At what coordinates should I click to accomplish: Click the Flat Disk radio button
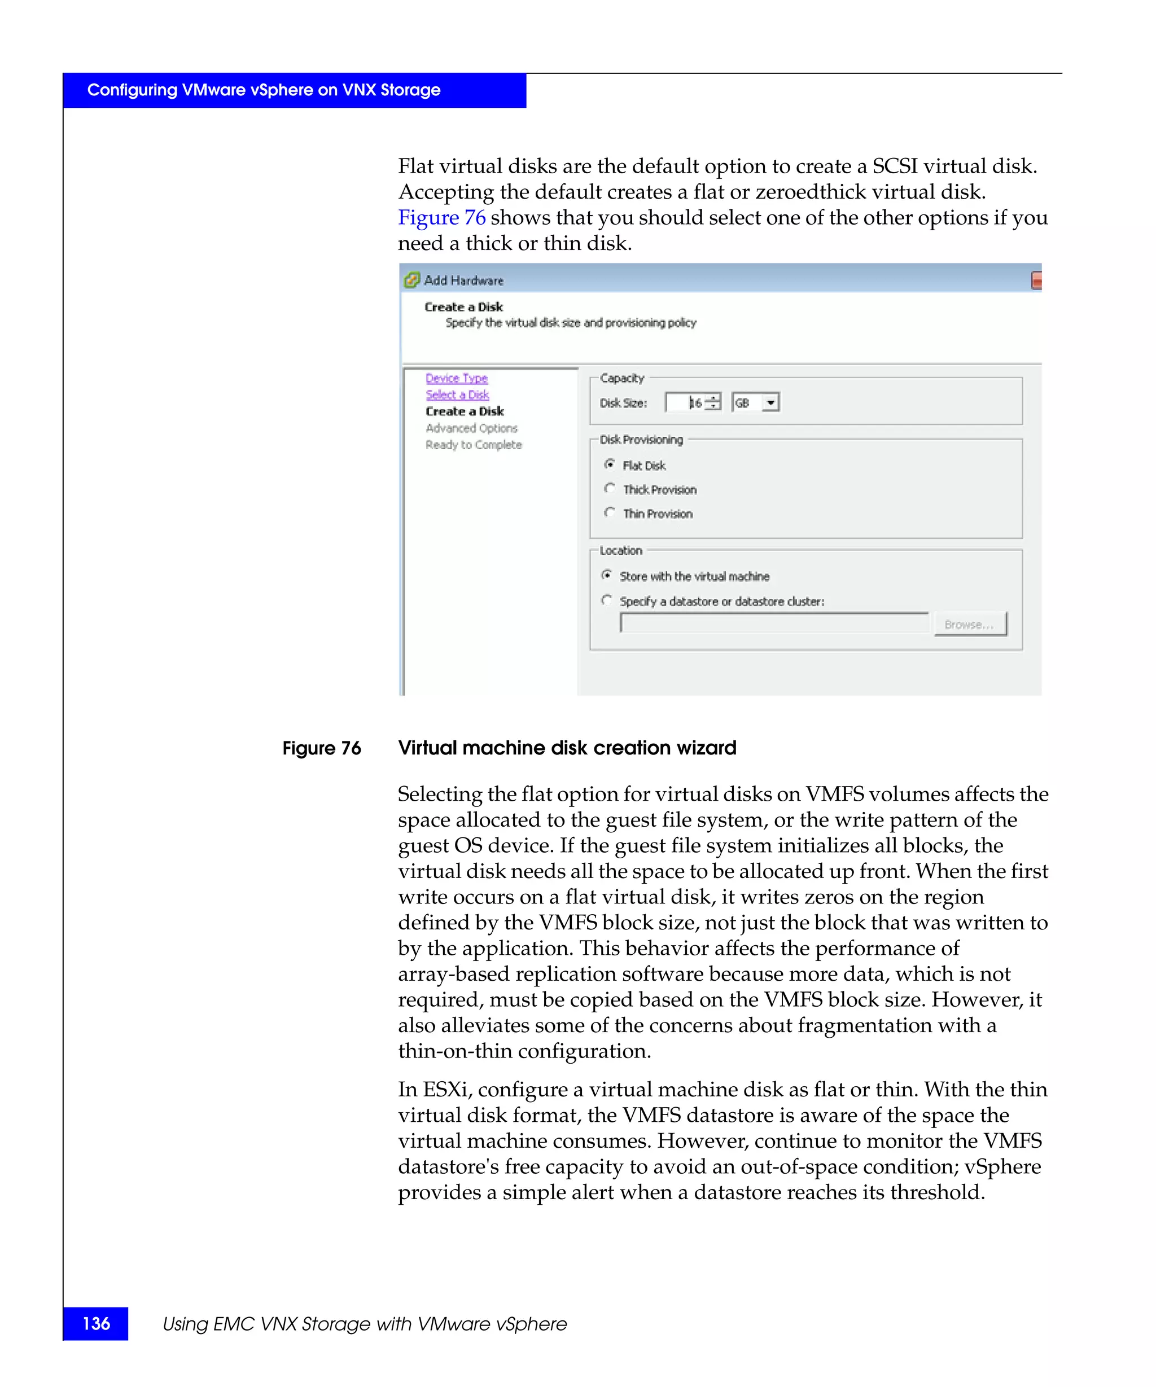[609, 464]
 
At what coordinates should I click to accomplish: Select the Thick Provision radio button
[609, 489]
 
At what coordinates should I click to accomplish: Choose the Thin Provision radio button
[609, 512]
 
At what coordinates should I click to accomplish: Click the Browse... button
[969, 624]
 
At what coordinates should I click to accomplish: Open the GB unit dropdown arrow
[770, 402]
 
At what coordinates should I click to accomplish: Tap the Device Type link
[456, 378]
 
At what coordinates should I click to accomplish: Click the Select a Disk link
[457, 394]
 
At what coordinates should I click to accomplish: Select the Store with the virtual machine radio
[606, 575]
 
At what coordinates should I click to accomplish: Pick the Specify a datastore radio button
[606, 600]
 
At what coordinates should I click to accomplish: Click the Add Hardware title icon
[411, 280]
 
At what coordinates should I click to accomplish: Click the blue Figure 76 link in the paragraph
[441, 217]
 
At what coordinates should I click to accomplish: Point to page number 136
[96, 1323]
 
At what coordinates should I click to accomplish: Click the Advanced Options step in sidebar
[471, 428]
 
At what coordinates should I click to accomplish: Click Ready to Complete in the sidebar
[473, 445]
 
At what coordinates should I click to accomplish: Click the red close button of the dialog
[1036, 280]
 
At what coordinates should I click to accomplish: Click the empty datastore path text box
[773, 623]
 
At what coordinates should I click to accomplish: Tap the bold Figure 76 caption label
[322, 748]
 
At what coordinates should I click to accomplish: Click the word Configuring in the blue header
[132, 90]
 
